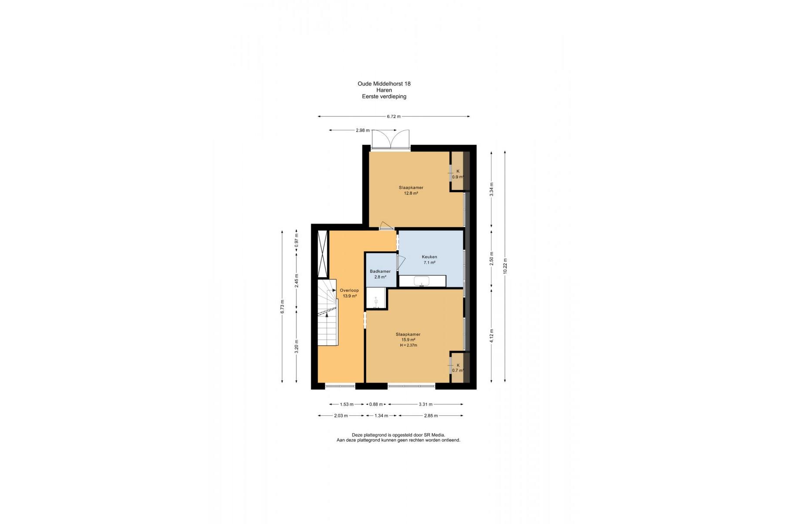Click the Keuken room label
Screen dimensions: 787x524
[x=429, y=257]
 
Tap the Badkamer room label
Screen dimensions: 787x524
[x=380, y=271]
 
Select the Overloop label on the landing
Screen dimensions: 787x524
[x=349, y=290]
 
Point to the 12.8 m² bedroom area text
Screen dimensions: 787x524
[x=411, y=193]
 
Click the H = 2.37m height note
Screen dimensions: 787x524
[x=408, y=345]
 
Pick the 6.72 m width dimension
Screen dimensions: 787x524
[x=394, y=117]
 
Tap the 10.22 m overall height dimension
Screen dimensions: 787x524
[x=505, y=266]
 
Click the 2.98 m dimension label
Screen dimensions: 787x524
[x=362, y=130]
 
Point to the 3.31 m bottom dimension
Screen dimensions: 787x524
[x=426, y=404]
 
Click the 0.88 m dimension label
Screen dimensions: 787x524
[x=376, y=404]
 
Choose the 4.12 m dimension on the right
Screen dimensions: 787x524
[x=491, y=336]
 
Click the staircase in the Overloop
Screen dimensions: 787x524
[x=327, y=313]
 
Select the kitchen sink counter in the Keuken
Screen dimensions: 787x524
[x=423, y=281]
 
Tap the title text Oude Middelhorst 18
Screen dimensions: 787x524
[x=384, y=84]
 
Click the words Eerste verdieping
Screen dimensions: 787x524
[x=384, y=97]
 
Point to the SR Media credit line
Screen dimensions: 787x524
[x=399, y=435]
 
